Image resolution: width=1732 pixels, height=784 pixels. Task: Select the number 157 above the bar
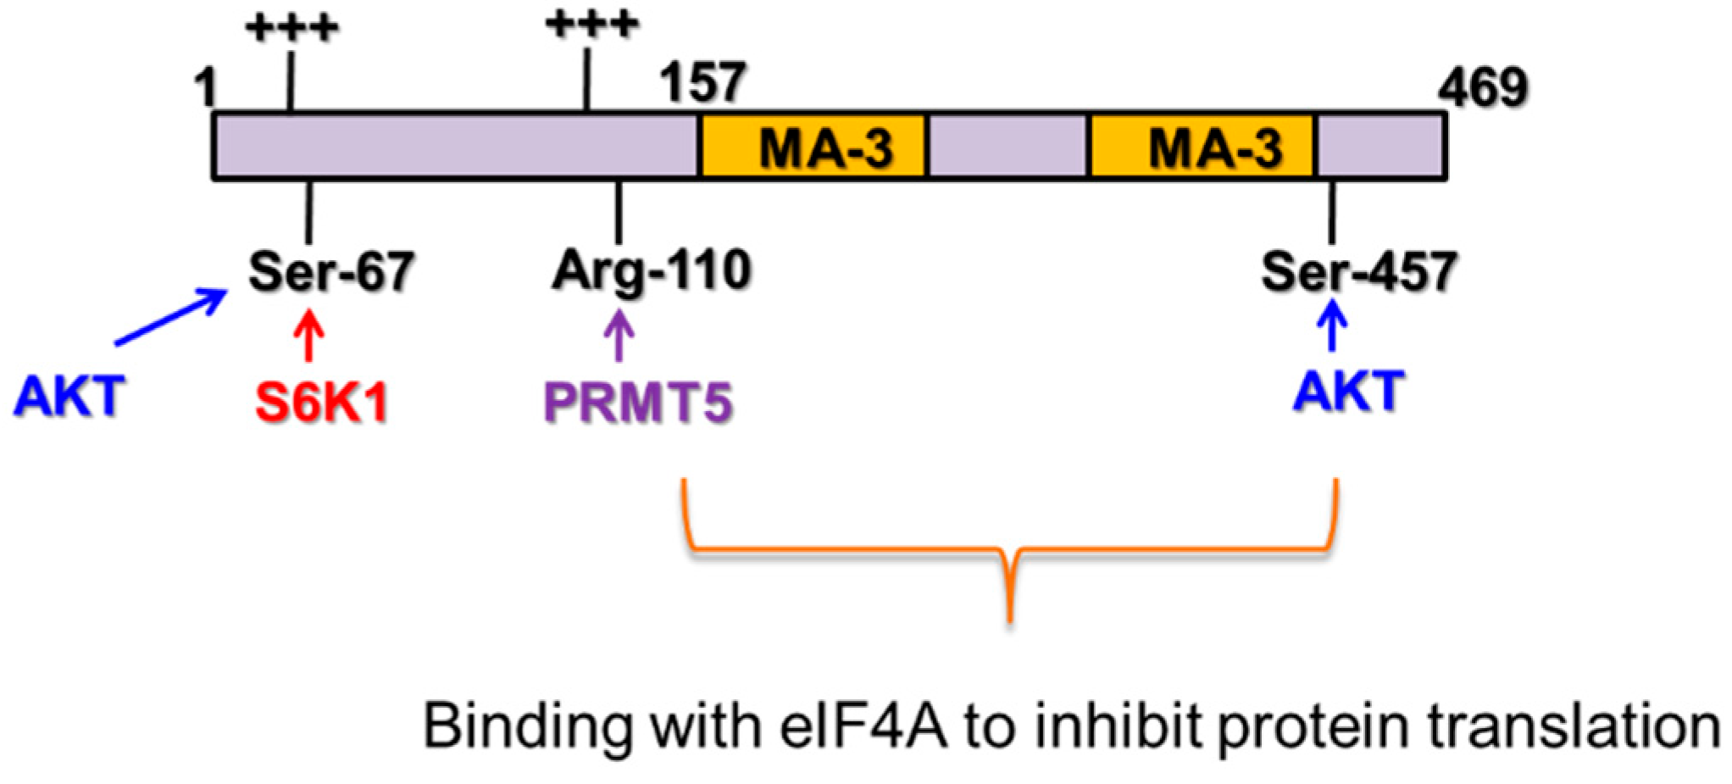702,82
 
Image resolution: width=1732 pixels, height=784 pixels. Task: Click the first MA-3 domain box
813,147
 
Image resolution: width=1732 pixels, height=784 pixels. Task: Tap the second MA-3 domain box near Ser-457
1202,147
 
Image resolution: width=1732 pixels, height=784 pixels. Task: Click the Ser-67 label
330,271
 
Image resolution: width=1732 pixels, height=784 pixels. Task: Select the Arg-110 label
651,271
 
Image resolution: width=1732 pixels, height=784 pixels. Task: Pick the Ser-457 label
1358,271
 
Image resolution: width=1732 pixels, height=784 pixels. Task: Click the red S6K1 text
321,402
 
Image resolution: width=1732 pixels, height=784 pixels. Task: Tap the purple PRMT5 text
637,402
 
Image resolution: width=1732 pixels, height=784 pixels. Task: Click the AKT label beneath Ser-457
1349,391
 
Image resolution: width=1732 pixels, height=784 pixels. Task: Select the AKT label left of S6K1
69,396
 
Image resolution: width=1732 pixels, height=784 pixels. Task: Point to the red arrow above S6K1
309,336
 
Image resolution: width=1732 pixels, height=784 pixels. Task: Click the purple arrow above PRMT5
619,336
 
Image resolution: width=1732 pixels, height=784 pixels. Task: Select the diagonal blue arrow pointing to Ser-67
172,317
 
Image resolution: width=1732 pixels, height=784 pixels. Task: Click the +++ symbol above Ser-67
291,28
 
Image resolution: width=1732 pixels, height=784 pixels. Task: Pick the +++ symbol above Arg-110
591,24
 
